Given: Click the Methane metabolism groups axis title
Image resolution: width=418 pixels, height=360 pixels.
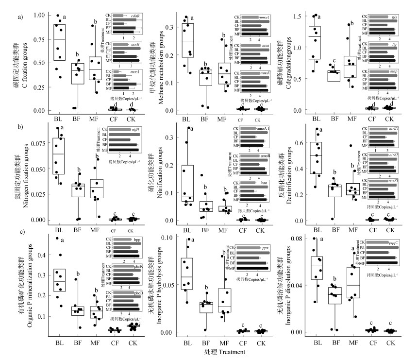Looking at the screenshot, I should (159, 63).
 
